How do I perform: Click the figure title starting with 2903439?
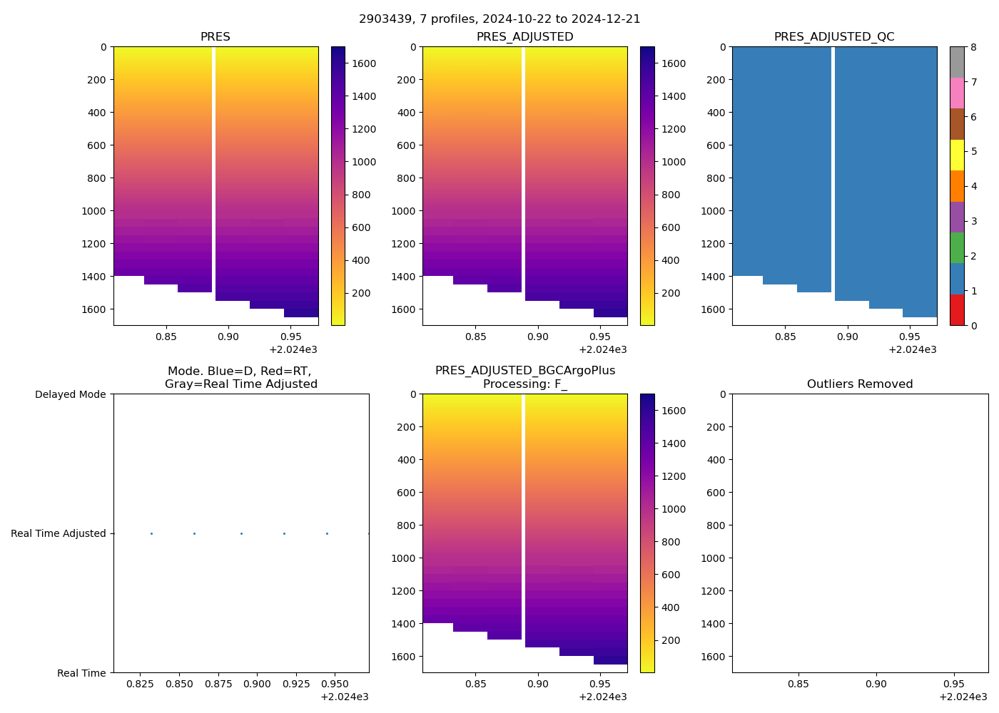point(499,19)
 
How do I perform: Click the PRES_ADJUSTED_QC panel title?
point(834,37)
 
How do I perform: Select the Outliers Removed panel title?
point(860,384)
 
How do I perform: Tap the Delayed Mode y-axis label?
point(70,394)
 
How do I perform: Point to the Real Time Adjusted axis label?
point(59,533)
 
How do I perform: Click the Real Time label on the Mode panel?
point(81,673)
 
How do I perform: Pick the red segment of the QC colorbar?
point(957,310)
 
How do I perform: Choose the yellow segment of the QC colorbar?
point(957,155)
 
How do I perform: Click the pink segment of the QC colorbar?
point(957,93)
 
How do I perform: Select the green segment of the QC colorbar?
point(957,248)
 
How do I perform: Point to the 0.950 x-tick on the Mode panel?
point(335,684)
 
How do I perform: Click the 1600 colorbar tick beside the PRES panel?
point(364,63)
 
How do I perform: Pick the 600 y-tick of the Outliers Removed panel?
point(716,493)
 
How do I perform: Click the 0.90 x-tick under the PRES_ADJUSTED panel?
point(537,337)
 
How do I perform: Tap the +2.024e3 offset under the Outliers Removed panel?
point(963,697)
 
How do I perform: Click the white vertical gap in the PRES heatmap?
point(213,164)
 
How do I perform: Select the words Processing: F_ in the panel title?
point(525,384)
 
